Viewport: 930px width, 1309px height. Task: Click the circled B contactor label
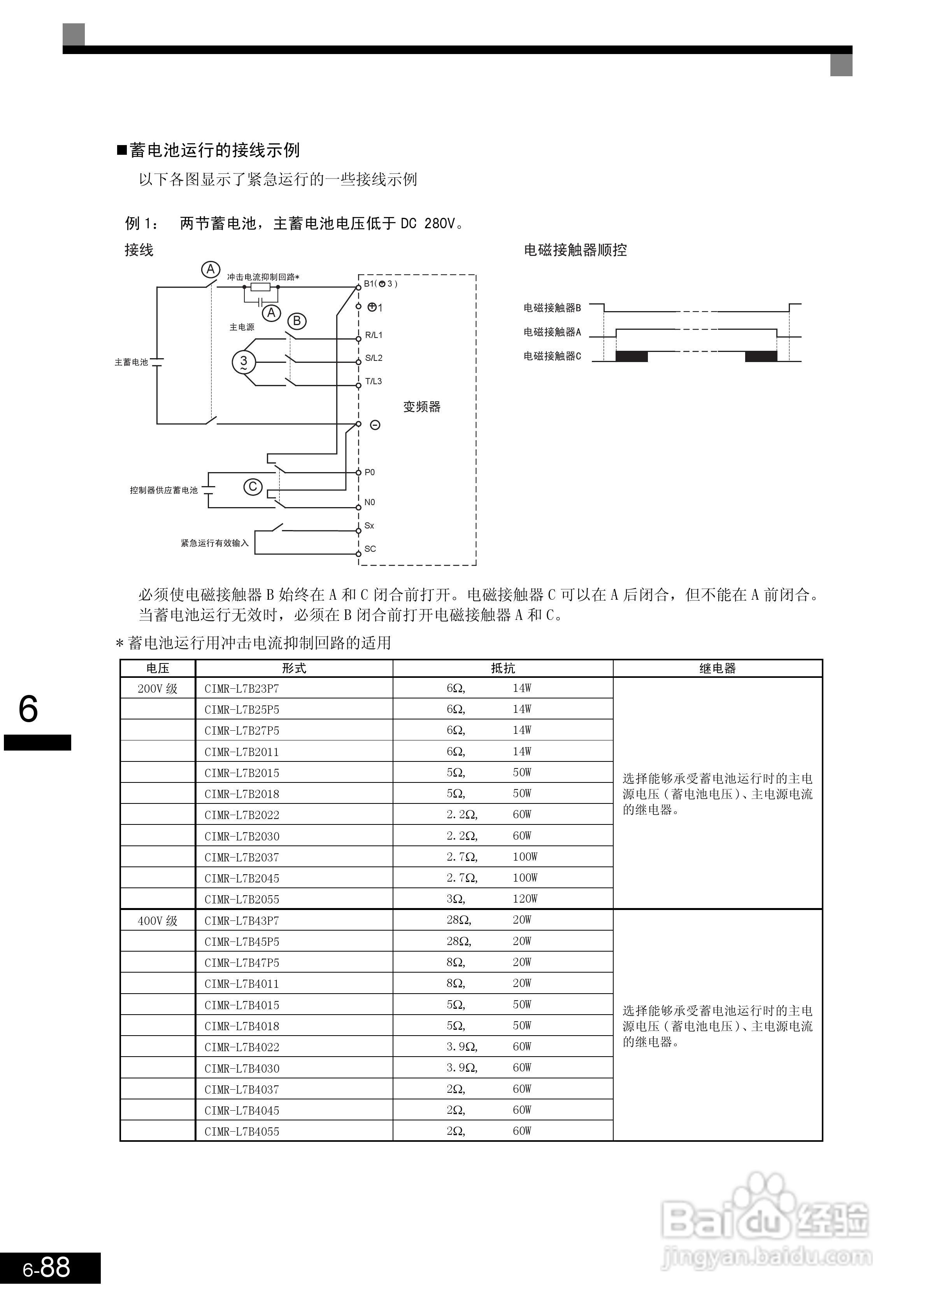point(297,321)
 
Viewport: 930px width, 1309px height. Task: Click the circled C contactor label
point(253,486)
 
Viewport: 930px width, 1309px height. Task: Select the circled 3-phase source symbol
point(243,362)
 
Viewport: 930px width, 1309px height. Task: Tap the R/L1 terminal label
point(374,335)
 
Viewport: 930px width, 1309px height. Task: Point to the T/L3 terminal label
point(374,381)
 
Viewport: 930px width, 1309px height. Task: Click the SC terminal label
point(370,549)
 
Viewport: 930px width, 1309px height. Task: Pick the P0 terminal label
point(369,472)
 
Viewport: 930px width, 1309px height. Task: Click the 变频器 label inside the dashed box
point(421,407)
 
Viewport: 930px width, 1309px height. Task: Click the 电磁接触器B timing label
point(552,308)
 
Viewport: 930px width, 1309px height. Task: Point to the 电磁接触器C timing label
point(552,356)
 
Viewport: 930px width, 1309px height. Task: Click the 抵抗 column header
point(502,668)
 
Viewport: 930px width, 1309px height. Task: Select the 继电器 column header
point(717,668)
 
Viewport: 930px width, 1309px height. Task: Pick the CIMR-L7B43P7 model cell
point(242,921)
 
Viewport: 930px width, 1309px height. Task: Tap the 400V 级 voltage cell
point(158,921)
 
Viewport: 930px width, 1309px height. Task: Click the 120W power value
point(525,899)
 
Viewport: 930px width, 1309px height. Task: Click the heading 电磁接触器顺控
point(575,250)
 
